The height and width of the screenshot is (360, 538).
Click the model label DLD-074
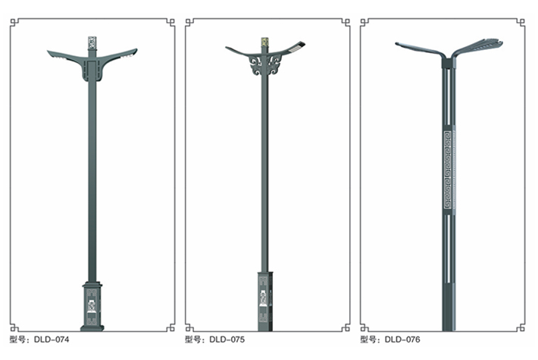[52, 340]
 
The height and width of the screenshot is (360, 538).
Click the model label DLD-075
[227, 340]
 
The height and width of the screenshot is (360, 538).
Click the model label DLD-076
[402, 340]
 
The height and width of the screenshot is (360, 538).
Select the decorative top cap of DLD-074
[92, 43]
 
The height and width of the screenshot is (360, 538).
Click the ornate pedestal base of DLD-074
[92, 306]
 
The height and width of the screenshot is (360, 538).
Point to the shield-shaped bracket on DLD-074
[92, 70]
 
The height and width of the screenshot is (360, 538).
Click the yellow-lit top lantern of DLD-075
[264, 42]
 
